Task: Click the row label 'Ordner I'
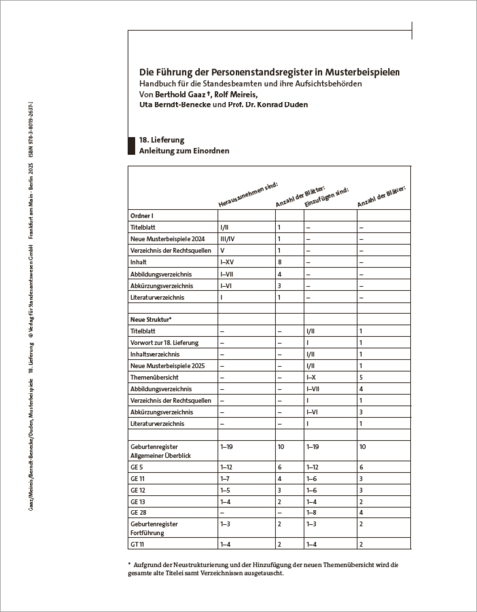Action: [x=146, y=215]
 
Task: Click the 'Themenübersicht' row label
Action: [x=157, y=379]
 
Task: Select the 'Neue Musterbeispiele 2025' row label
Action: [x=167, y=366]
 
